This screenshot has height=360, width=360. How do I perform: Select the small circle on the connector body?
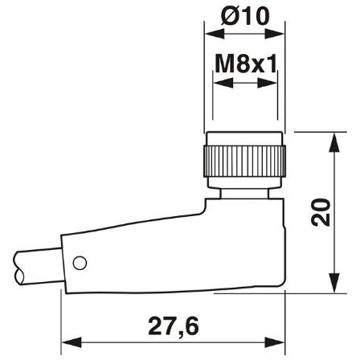[79, 263]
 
